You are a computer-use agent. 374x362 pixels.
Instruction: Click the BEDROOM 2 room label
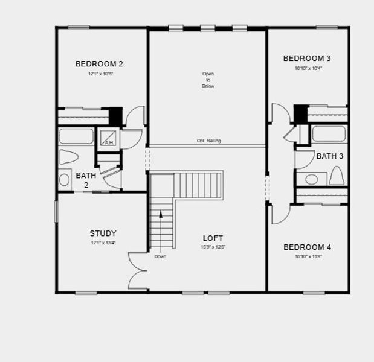(99, 64)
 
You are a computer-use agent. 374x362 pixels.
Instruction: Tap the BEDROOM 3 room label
(307, 59)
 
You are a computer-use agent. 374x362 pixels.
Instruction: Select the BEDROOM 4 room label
(307, 247)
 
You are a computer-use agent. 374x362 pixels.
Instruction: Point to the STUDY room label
(103, 233)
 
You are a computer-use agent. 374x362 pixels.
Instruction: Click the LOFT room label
(213, 238)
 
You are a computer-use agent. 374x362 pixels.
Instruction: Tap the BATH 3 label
(330, 156)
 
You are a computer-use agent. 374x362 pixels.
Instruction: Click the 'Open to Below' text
(208, 80)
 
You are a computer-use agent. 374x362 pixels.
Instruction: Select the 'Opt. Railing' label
(208, 141)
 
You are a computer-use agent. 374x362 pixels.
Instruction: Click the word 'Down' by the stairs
(160, 256)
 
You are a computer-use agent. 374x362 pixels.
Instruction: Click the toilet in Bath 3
(337, 176)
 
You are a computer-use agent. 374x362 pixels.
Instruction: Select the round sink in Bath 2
(65, 179)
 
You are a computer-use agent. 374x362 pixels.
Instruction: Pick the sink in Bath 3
(312, 179)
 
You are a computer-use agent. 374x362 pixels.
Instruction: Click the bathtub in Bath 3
(329, 133)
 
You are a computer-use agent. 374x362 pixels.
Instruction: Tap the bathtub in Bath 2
(76, 136)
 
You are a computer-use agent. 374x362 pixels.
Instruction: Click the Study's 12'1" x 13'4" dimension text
(103, 243)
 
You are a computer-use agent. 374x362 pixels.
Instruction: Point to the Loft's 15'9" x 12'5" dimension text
(213, 247)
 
